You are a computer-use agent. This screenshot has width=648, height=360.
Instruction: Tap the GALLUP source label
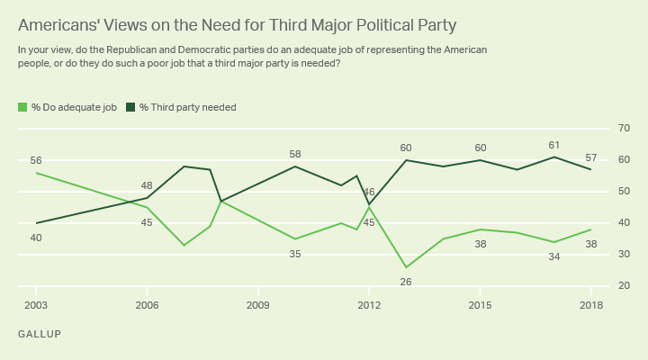tap(39, 334)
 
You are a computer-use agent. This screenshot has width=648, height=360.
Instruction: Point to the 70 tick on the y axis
tap(623, 129)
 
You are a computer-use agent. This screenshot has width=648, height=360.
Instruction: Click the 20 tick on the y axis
tap(623, 286)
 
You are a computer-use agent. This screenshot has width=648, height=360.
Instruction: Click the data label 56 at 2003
tap(36, 160)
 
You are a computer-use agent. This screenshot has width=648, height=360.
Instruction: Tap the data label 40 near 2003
tap(36, 238)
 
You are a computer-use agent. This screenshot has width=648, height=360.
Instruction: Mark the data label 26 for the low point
tap(406, 281)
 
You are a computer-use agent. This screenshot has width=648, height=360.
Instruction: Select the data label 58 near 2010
tap(295, 154)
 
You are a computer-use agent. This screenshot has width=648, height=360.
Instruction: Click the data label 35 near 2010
tap(295, 254)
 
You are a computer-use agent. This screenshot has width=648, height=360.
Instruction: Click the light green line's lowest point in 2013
tap(406, 267)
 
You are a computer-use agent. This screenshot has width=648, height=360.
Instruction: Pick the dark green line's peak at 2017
tap(554, 157)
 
